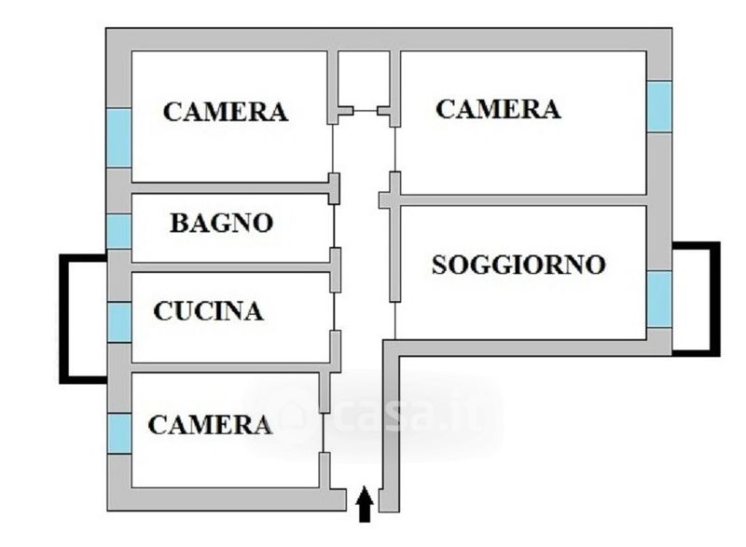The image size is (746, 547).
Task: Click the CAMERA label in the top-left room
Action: pyautogui.click(x=225, y=112)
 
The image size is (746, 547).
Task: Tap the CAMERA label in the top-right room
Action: pyautogui.click(x=498, y=109)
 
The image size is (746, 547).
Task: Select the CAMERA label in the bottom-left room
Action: pyautogui.click(x=210, y=425)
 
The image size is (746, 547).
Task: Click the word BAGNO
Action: pyautogui.click(x=221, y=223)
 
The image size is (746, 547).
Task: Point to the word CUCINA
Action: pyautogui.click(x=208, y=310)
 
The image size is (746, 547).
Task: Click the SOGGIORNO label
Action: pyautogui.click(x=518, y=265)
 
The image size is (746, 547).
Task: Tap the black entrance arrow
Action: pyautogui.click(x=365, y=504)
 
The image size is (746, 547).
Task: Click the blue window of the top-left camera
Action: pyautogui.click(x=118, y=138)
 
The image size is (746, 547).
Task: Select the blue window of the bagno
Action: pyautogui.click(x=118, y=231)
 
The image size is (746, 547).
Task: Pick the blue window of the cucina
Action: pyautogui.click(x=118, y=322)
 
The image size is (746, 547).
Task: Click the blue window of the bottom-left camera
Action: pyautogui.click(x=118, y=433)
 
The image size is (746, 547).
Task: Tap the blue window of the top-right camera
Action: pyautogui.click(x=659, y=106)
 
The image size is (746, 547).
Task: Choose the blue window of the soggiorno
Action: pyautogui.click(x=659, y=298)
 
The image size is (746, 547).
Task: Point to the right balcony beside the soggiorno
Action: pyautogui.click(x=695, y=298)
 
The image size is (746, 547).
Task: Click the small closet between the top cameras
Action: pyautogui.click(x=363, y=79)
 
